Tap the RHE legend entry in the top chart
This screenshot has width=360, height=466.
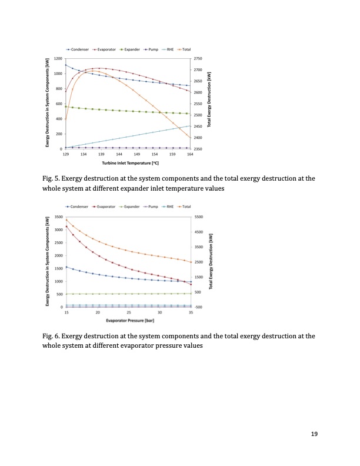pos(168,50)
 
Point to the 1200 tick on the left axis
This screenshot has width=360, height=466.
pos(57,59)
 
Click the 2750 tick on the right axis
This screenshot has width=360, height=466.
pos(198,59)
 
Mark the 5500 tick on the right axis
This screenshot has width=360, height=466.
pos(198,217)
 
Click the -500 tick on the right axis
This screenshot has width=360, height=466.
pos(198,307)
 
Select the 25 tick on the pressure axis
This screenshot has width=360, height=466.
pos(129,312)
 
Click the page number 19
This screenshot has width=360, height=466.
pos(314,434)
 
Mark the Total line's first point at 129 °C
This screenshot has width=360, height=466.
pos(66,119)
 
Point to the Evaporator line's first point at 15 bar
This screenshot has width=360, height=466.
pos(66,226)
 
